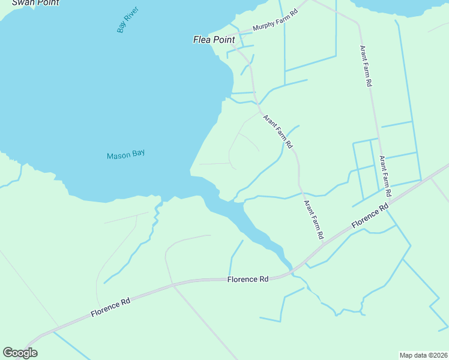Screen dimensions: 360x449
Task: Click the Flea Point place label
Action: click(x=214, y=40)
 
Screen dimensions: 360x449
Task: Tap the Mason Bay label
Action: click(x=125, y=155)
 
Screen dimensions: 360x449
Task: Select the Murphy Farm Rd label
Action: click(x=276, y=21)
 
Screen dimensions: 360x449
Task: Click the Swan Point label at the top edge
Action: click(x=36, y=2)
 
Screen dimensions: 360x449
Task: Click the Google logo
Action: click(x=20, y=353)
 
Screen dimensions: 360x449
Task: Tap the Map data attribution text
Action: click(x=424, y=355)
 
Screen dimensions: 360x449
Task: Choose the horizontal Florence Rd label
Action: click(x=247, y=280)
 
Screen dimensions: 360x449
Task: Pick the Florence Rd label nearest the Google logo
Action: click(x=110, y=305)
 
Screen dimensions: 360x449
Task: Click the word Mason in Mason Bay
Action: click(x=118, y=155)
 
